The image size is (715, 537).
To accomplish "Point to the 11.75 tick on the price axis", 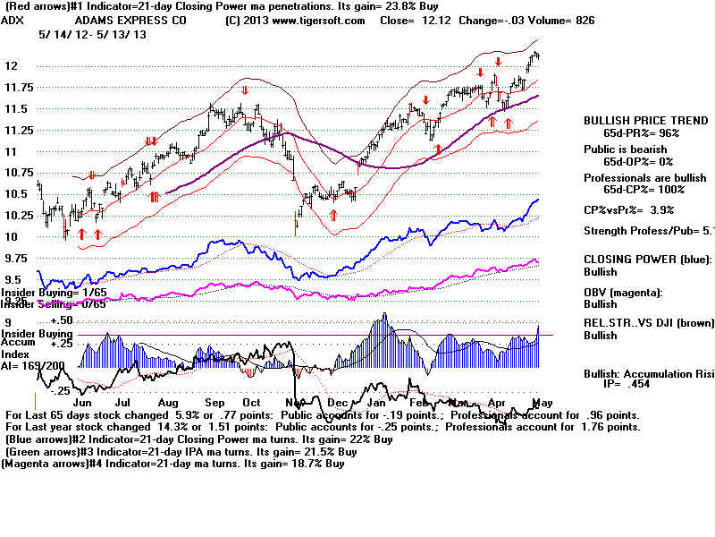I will tap(15, 87).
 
